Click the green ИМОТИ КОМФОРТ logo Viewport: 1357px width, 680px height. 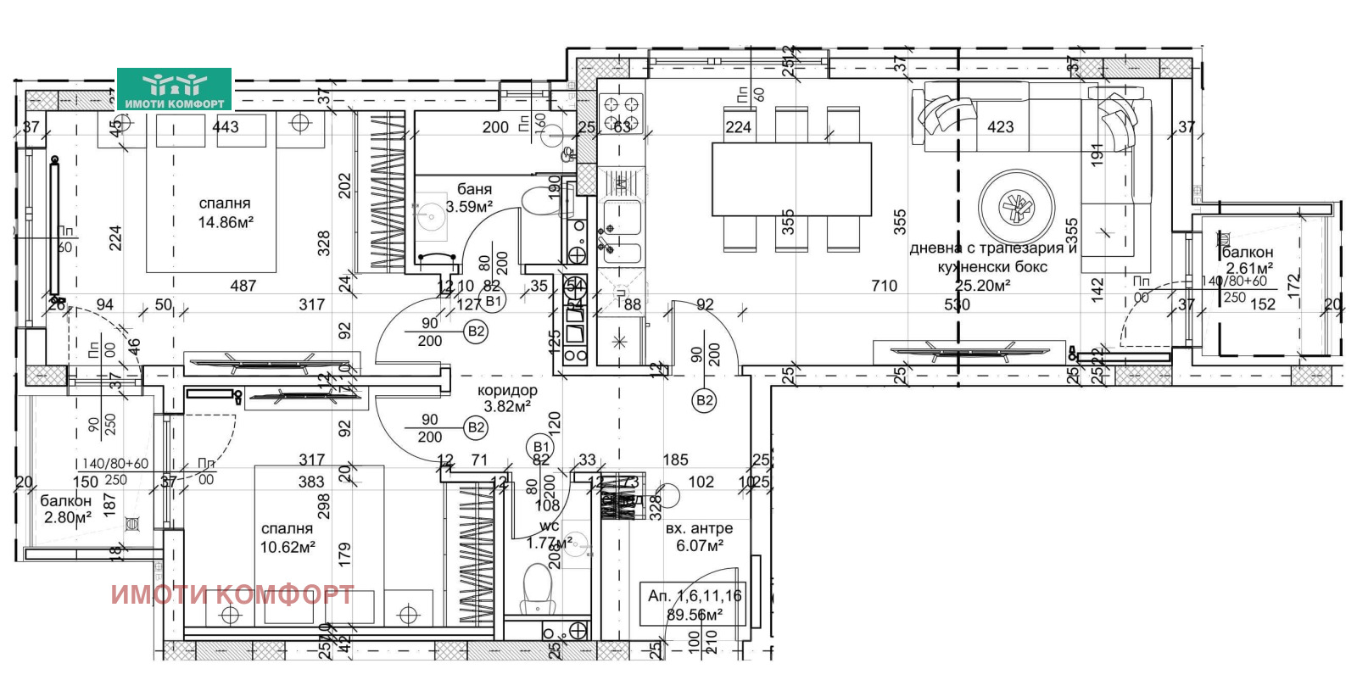(174, 90)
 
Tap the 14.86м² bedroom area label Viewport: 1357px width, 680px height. (225, 214)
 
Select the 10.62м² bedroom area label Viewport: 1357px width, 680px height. (288, 538)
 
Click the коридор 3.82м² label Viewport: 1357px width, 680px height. (507, 399)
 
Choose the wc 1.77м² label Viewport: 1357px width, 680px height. (550, 535)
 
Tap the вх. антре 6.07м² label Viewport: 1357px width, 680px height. (699, 537)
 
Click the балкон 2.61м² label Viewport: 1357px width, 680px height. (1248, 260)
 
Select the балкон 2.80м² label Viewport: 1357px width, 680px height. (65, 510)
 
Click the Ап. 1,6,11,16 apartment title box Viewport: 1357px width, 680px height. (694, 605)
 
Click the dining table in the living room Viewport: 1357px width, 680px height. (791, 179)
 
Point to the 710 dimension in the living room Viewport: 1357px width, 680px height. (884, 286)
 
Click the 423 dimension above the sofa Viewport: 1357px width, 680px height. (1000, 127)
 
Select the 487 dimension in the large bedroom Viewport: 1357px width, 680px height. (243, 286)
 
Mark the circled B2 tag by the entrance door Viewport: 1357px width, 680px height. (704, 400)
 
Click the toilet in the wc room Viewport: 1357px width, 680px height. (536, 588)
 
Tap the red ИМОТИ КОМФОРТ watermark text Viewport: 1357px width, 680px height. (232, 594)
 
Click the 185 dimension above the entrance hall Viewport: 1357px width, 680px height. (675, 460)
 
